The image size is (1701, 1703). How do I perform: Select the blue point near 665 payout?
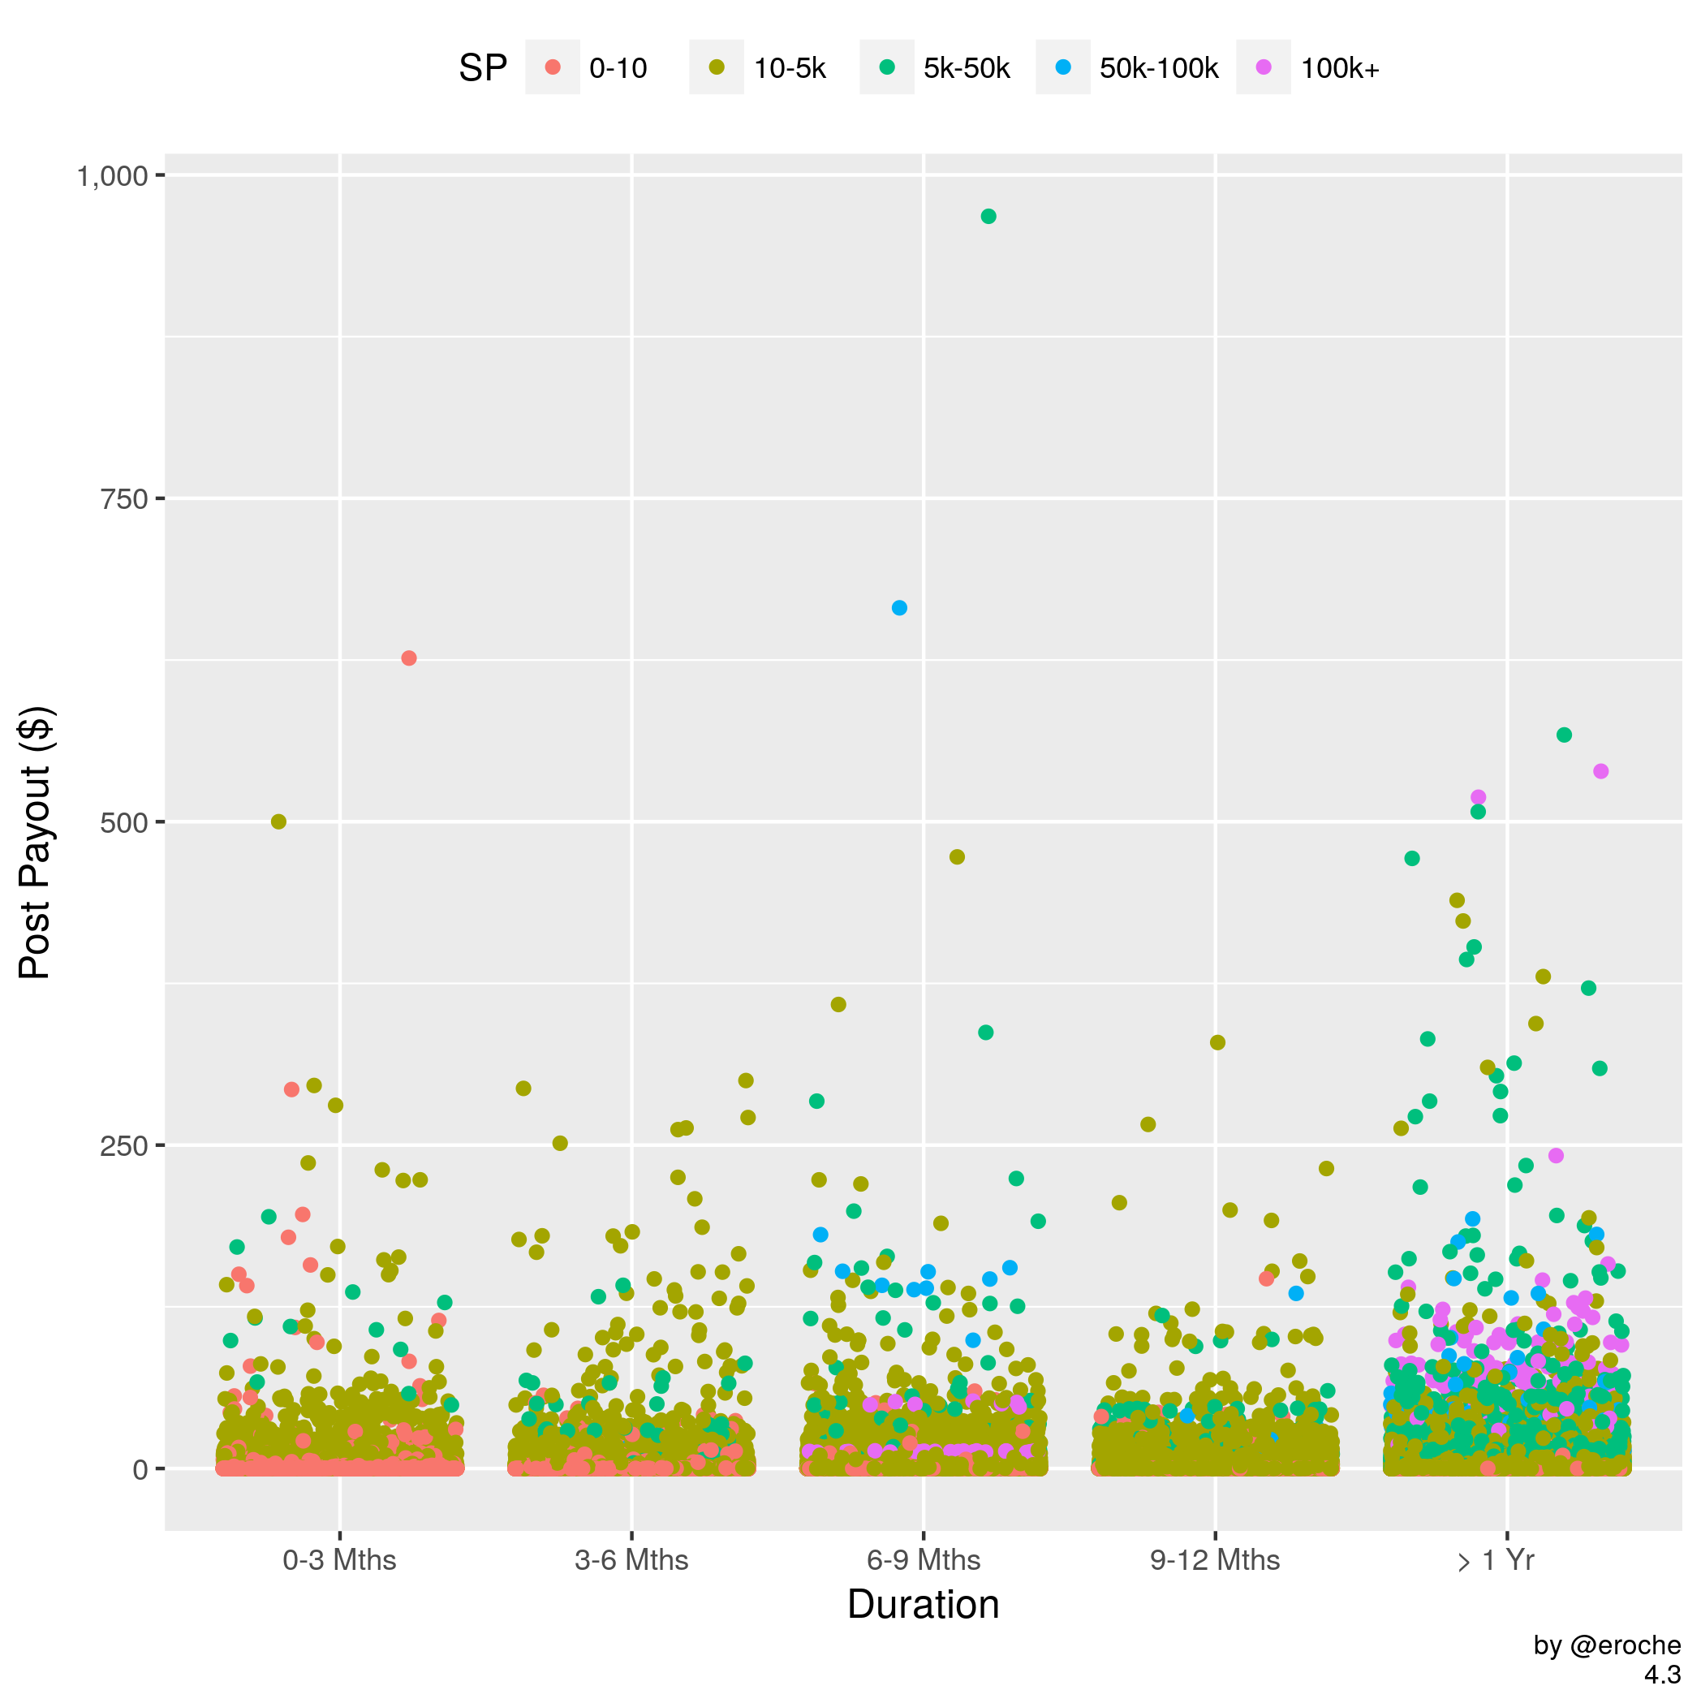(x=899, y=608)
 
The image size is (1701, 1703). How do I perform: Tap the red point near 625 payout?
(x=409, y=658)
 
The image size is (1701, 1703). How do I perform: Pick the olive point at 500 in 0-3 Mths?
(x=278, y=821)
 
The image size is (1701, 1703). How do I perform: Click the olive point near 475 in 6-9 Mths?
(x=957, y=857)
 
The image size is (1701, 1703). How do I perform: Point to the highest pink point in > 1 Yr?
(x=1601, y=771)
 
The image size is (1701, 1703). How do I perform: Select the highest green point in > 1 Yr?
(x=1565, y=735)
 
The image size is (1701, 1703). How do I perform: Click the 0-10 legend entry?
(x=618, y=68)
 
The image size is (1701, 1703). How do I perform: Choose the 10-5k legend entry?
(x=790, y=68)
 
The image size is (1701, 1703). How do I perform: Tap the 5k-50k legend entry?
(x=966, y=68)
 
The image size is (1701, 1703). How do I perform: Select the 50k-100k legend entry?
(x=1158, y=68)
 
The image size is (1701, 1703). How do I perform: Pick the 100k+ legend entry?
(x=1340, y=68)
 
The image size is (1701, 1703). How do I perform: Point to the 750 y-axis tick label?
(x=124, y=500)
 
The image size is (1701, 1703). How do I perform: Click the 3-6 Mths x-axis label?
(x=631, y=1560)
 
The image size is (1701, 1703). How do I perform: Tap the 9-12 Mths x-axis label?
(x=1215, y=1560)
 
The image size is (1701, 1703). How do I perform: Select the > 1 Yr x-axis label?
(x=1496, y=1560)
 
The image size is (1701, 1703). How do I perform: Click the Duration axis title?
(x=923, y=1604)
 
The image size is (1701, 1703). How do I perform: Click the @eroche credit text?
(x=1607, y=1645)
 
